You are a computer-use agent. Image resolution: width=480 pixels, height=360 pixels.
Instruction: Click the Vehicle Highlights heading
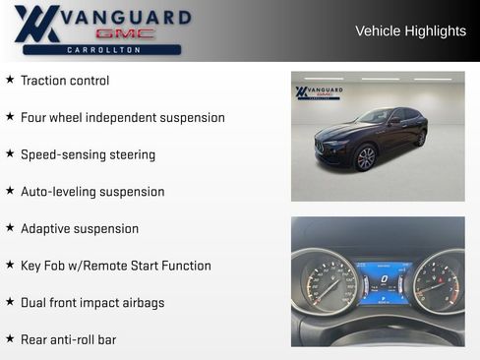(x=410, y=31)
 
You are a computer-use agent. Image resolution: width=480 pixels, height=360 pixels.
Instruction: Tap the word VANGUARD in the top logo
(x=122, y=18)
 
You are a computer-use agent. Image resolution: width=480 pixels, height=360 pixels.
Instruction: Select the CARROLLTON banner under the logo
(x=102, y=49)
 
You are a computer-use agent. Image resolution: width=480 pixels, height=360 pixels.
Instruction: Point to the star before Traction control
(x=10, y=80)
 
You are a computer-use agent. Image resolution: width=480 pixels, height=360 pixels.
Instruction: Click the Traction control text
(x=65, y=81)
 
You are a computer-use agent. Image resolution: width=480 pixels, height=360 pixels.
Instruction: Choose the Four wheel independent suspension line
(x=123, y=118)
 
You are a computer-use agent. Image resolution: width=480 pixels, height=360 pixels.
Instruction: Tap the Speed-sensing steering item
(x=88, y=154)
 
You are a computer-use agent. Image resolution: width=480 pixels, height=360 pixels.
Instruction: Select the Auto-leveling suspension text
(x=92, y=192)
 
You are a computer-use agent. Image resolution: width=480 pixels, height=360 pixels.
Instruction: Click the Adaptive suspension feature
(x=80, y=228)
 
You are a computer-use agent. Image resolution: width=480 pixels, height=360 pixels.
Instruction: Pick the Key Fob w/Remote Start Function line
(x=116, y=266)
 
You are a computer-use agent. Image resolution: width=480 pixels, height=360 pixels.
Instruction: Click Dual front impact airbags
(x=92, y=303)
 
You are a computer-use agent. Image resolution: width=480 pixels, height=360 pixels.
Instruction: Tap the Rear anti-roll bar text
(x=68, y=339)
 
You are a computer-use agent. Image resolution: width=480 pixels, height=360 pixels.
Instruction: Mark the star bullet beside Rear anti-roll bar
(x=10, y=338)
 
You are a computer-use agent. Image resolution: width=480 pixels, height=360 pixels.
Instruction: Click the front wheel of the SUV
(x=366, y=157)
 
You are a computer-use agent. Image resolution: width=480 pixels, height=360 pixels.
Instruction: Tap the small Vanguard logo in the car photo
(x=320, y=93)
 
